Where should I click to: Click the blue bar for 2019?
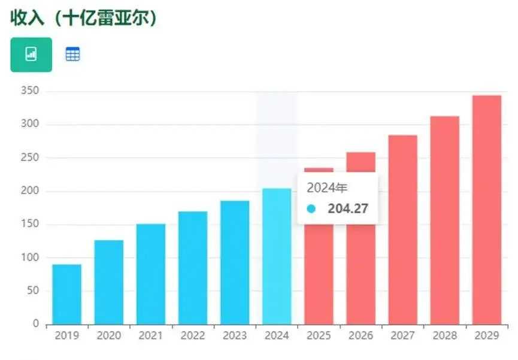(x=66, y=294)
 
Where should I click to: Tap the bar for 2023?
(x=235, y=262)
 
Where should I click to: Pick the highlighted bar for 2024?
(x=277, y=256)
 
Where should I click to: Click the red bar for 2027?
(x=402, y=229)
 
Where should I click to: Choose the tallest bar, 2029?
(x=486, y=210)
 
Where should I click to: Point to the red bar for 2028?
(x=444, y=220)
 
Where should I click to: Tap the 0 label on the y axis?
(x=36, y=324)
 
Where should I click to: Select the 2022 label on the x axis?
(x=192, y=336)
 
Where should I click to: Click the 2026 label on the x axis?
(x=361, y=336)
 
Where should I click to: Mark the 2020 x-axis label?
(x=108, y=336)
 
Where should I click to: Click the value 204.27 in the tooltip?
(x=348, y=209)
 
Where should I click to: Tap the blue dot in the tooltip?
(x=311, y=209)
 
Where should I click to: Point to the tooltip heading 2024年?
(x=327, y=188)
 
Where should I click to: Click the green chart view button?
(x=31, y=55)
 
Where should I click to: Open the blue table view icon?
(x=72, y=55)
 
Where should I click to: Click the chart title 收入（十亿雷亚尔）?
(x=84, y=17)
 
